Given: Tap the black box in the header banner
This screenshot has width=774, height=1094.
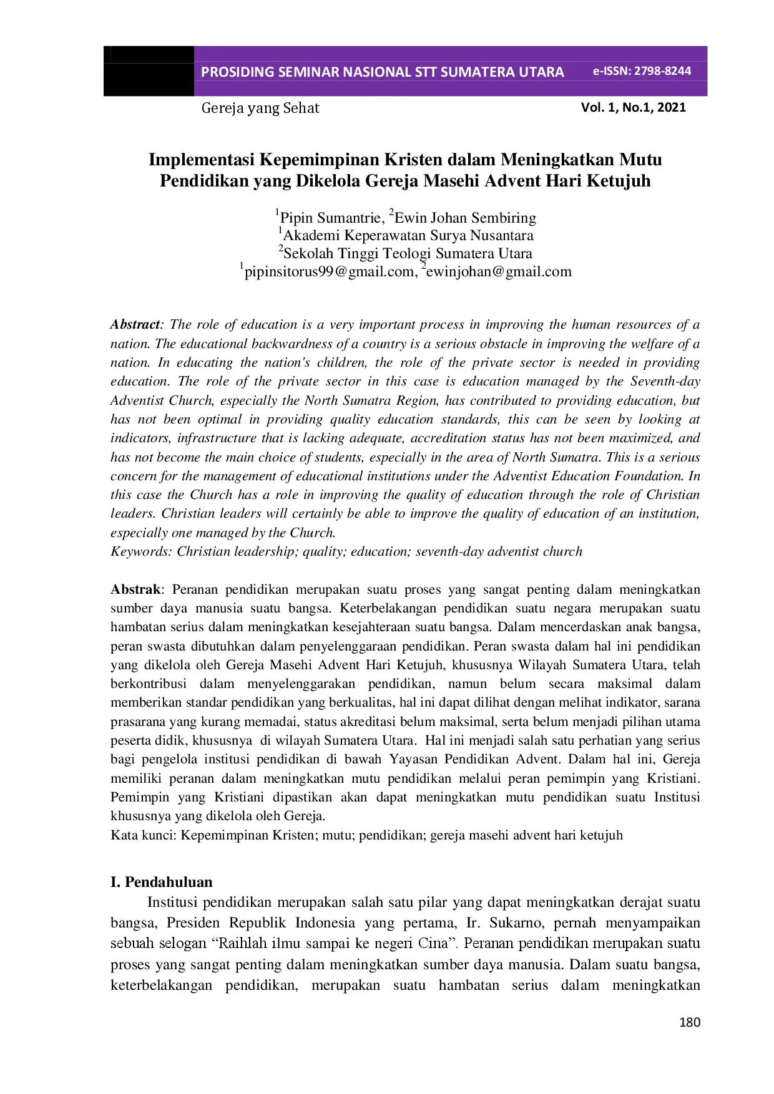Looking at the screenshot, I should point(149,71).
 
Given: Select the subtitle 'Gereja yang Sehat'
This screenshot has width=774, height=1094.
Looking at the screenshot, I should point(260,109).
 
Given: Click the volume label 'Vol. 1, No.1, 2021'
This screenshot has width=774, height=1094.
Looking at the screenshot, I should point(633,107).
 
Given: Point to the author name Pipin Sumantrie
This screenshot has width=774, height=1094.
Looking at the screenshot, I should point(331,218).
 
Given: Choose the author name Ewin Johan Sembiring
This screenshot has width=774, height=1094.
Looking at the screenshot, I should point(465,218).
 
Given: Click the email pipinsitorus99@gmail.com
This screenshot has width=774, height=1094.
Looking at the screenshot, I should point(330,271).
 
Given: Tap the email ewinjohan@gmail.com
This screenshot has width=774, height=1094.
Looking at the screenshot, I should point(499,271).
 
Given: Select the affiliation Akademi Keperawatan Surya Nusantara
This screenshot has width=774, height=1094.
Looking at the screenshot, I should point(408,236).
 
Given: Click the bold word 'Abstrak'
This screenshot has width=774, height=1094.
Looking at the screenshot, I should point(135,589).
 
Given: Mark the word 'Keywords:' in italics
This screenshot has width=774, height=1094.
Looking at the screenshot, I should point(141,551).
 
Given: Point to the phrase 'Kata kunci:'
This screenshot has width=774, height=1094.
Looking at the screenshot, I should point(144,835).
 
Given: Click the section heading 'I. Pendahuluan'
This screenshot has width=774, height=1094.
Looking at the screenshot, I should point(162,882).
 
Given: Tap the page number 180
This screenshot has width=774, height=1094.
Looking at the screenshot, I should point(689,1022).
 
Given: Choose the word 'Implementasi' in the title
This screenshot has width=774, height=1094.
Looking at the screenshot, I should point(201,160).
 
